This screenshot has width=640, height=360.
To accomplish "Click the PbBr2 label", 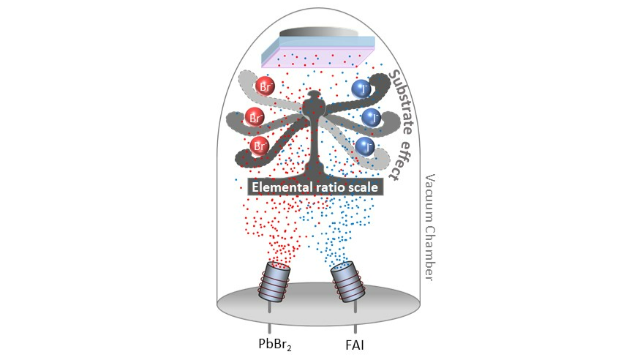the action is coord(275,344).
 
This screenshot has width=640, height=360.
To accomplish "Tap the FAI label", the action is coord(355,345).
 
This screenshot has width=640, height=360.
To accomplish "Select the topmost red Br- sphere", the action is coord(265,86).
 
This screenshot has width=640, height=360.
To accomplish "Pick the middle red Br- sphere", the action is coord(255,118).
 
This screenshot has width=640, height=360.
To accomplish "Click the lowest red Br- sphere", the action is coord(260,146).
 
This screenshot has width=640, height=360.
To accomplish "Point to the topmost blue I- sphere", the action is coord(361,89).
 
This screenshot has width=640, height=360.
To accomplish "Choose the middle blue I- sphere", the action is coord(372,118).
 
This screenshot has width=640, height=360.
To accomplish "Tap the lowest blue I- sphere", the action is coord(365,146).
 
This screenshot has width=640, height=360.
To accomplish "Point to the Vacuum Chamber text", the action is coord(429,228).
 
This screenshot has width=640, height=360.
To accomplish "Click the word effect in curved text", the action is coord(401,160).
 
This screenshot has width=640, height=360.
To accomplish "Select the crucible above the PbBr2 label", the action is coord(274,282).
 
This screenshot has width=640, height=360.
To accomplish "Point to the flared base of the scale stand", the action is coord(315,170).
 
